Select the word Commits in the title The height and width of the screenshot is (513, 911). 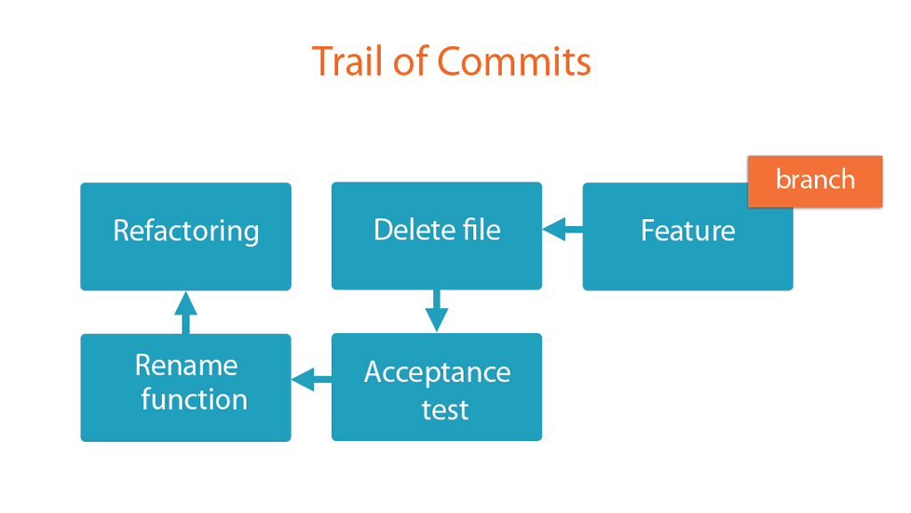[513, 61]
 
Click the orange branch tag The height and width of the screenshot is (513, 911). [815, 182]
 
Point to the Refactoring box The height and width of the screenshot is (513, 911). [186, 237]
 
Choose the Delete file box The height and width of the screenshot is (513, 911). [437, 236]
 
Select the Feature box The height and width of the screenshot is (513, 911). [688, 237]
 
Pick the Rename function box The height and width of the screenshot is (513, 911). [186, 387]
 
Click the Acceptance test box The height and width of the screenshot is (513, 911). [437, 387]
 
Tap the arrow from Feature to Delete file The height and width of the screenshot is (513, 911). [562, 229]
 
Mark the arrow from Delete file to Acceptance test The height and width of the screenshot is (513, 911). [436, 311]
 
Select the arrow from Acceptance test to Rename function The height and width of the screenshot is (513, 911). [311, 379]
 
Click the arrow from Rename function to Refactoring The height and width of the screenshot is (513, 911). [186, 313]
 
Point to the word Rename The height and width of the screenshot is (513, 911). [187, 366]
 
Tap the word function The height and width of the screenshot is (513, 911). [194, 399]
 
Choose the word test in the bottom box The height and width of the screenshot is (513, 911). [445, 410]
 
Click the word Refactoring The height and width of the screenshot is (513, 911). [186, 232]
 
